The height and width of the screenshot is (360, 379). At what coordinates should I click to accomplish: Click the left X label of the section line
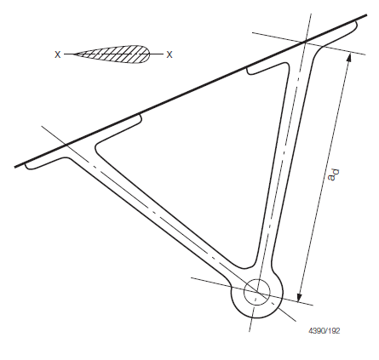point(58,54)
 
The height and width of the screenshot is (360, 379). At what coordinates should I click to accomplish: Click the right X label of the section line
point(169,54)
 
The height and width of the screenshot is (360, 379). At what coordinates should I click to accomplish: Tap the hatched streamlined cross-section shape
point(112,54)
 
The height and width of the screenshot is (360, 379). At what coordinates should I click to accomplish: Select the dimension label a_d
point(333,174)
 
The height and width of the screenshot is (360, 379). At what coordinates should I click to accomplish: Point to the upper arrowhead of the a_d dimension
point(349,57)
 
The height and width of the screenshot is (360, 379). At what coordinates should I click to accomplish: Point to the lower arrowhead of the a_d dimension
point(299,297)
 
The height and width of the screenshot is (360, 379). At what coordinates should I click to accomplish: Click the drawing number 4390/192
point(324,331)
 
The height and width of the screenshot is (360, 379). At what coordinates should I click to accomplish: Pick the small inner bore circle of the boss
point(257,292)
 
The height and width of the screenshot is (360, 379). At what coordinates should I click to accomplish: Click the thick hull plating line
point(191,91)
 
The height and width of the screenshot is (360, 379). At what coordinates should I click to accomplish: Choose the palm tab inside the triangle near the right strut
point(267,69)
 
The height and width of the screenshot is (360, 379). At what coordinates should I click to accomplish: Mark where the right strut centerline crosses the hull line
point(305,42)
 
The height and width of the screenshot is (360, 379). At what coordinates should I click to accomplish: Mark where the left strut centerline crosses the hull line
point(66,146)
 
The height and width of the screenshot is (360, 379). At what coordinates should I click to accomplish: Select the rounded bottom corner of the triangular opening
point(250,266)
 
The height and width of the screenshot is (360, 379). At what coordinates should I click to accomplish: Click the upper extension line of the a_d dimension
point(309,43)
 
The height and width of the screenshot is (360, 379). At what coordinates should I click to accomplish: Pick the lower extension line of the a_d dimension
point(252,291)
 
